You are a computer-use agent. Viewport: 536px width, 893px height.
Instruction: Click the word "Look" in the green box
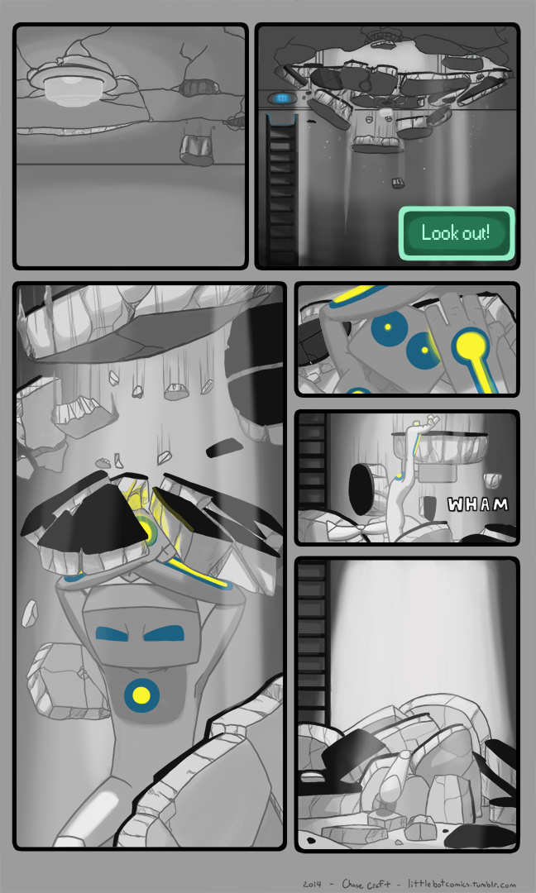coord(438,232)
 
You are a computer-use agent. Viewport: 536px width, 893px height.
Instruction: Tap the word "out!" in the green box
coord(474,233)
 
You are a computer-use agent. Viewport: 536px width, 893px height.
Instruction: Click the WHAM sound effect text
coord(477,504)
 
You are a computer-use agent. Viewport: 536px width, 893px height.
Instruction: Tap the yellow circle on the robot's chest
coord(141,695)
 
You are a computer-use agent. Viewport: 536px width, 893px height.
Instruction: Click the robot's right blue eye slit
coord(165,633)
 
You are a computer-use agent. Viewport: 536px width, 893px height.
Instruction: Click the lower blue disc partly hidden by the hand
coord(422,350)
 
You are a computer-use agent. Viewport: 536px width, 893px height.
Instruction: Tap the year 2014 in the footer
coord(313,885)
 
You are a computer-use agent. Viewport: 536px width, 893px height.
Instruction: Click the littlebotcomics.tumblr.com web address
coord(462,884)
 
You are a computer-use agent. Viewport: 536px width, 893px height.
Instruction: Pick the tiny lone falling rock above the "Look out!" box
coord(398,183)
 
